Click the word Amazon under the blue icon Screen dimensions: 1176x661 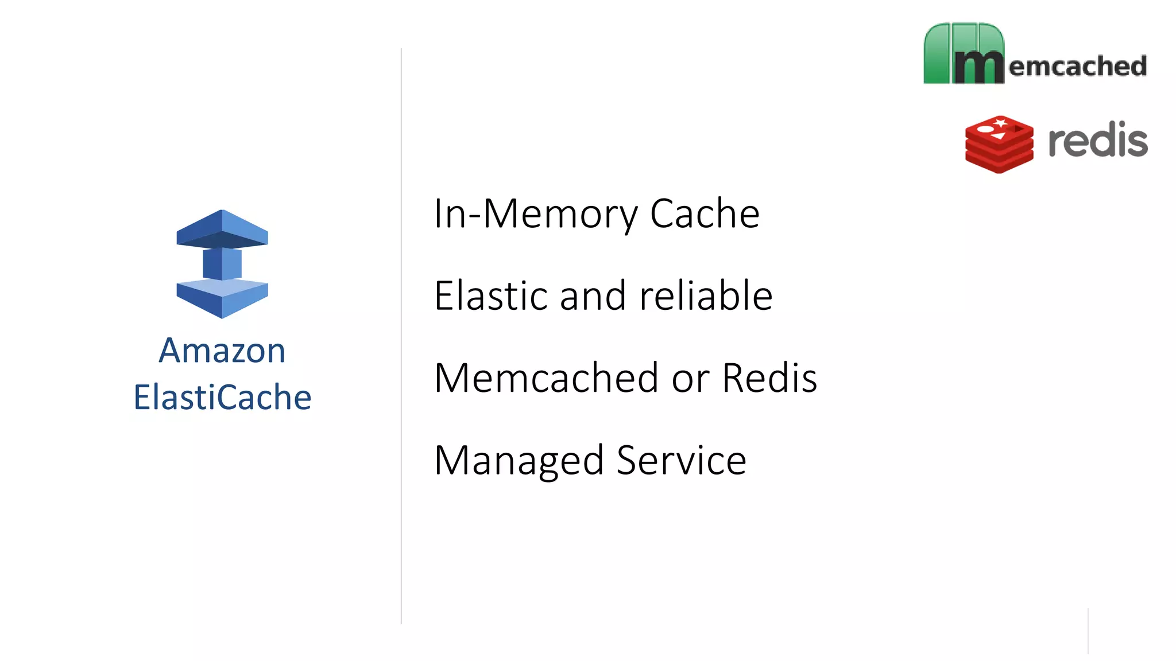click(x=222, y=351)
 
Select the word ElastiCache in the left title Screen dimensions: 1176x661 click(x=222, y=397)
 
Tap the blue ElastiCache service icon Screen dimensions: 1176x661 click(x=222, y=264)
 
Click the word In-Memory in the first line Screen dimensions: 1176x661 click(x=535, y=213)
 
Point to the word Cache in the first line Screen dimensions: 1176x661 click(x=705, y=213)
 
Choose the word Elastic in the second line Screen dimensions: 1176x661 click(x=490, y=295)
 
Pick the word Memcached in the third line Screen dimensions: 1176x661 click(x=546, y=378)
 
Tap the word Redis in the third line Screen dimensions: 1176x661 click(x=769, y=378)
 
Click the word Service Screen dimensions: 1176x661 click(x=681, y=460)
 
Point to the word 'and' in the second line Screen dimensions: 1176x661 click(x=593, y=296)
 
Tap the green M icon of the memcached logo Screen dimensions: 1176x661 click(x=964, y=54)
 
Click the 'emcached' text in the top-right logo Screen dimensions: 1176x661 click(x=1078, y=66)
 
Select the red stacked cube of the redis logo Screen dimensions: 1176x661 click(x=999, y=144)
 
